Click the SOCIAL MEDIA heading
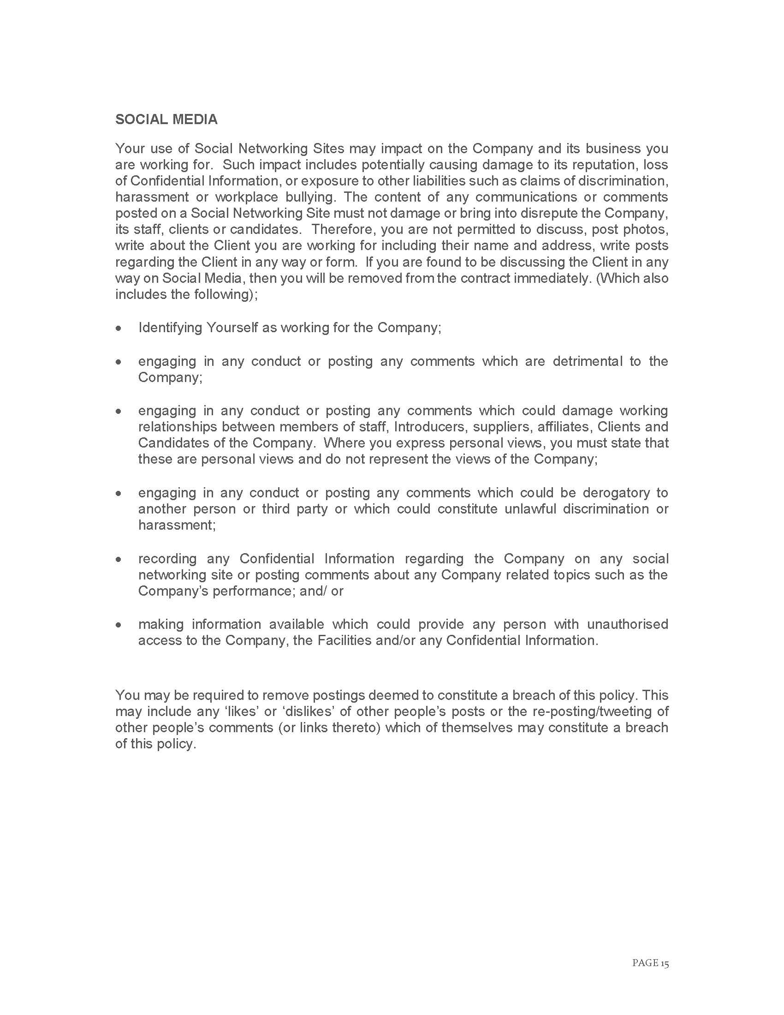(x=166, y=119)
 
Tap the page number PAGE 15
(x=650, y=962)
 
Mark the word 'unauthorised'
(x=628, y=624)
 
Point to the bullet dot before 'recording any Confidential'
(x=119, y=559)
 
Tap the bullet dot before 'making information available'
(x=119, y=625)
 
